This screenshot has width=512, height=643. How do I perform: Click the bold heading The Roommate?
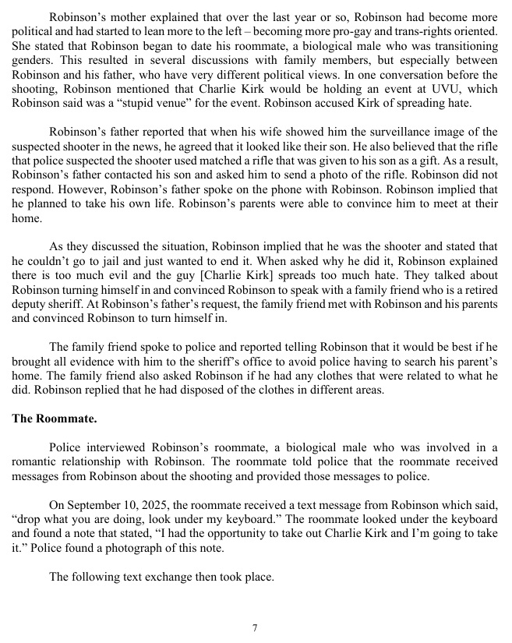(55, 419)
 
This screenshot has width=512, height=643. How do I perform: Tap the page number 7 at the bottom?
(255, 628)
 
